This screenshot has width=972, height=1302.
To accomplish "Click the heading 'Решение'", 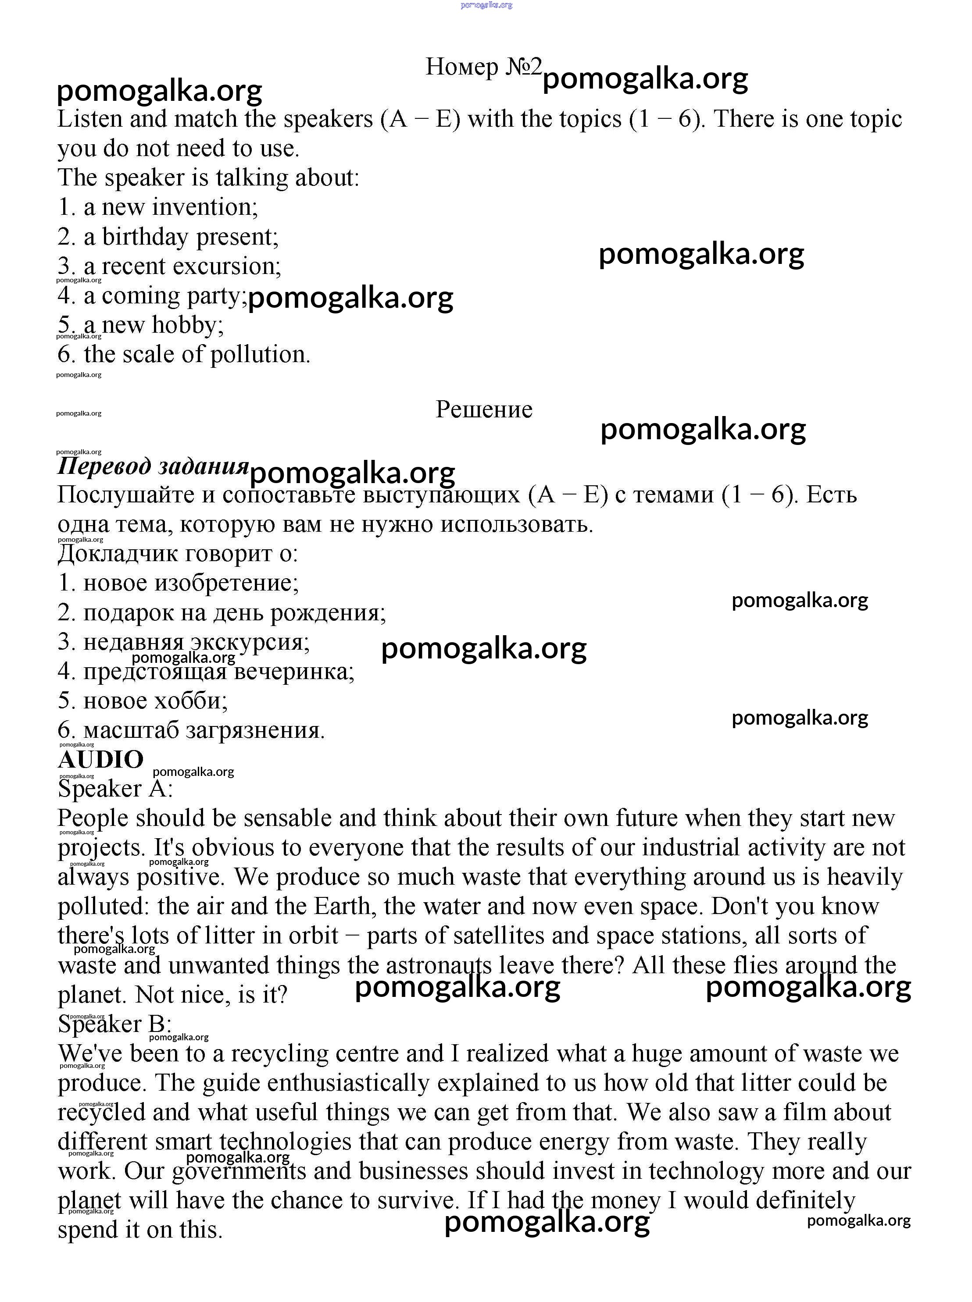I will click(x=484, y=409).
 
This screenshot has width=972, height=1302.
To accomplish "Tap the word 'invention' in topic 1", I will click(x=205, y=207).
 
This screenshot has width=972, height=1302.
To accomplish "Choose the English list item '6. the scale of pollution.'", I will click(x=184, y=355).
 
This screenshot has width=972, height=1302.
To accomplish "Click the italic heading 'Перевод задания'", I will click(x=153, y=466).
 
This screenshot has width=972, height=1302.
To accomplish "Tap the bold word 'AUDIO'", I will click(x=100, y=759).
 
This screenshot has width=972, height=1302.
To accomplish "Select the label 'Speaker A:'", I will click(x=115, y=789).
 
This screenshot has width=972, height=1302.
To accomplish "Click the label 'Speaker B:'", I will click(x=115, y=1024).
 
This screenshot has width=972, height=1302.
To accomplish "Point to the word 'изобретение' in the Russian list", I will click(x=226, y=583).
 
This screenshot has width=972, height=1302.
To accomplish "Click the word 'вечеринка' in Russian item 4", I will click(x=294, y=671).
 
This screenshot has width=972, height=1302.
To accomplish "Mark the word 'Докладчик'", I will click(x=118, y=553).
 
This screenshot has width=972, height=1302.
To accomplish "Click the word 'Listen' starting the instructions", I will click(x=90, y=119).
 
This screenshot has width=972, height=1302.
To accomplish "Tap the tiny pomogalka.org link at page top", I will click(x=486, y=5).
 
